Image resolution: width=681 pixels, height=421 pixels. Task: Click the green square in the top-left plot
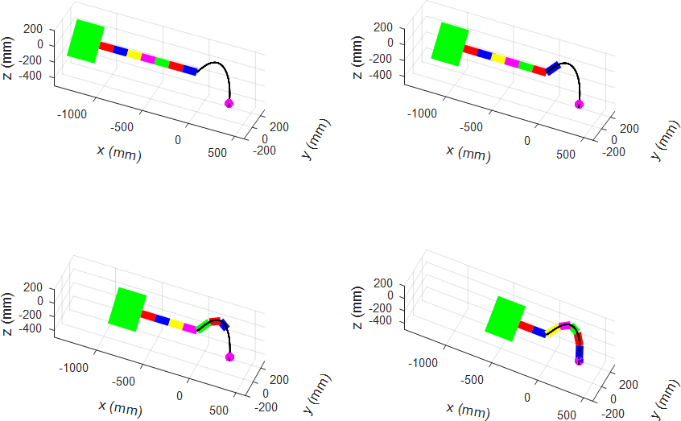click(x=85, y=40)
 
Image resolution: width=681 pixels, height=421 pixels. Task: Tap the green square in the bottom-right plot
click(x=506, y=318)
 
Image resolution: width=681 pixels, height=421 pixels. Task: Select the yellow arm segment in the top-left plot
click(x=134, y=56)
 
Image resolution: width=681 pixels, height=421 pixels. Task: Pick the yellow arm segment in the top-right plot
click(x=498, y=59)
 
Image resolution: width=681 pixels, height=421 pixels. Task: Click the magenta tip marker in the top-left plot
click(x=229, y=103)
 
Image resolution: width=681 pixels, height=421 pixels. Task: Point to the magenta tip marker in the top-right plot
click(x=579, y=104)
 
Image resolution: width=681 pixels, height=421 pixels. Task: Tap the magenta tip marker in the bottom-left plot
click(x=229, y=357)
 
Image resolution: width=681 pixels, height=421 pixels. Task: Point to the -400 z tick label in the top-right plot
click(x=383, y=75)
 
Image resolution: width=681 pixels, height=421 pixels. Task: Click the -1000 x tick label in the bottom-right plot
click(x=424, y=363)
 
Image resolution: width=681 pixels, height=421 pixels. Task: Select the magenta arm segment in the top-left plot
click(x=148, y=59)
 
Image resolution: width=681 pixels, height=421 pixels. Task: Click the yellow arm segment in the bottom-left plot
click(x=175, y=324)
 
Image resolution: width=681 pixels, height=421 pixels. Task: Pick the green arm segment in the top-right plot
click(x=526, y=65)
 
